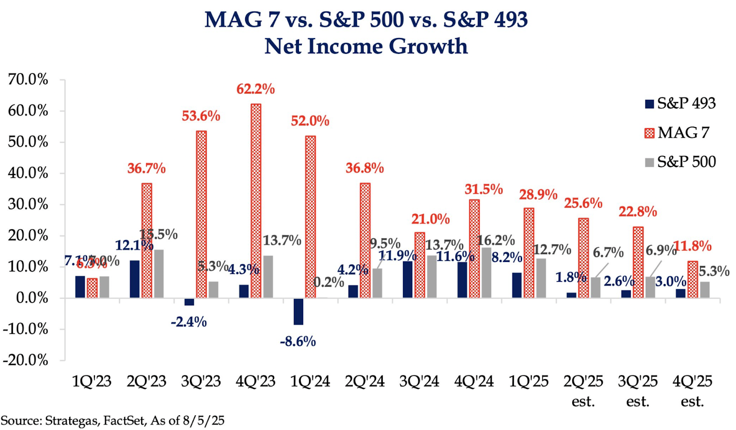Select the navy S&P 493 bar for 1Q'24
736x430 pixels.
[299, 311]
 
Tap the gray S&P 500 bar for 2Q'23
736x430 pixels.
[159, 273]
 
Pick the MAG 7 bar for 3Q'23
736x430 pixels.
[201, 214]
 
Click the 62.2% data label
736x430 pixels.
[255, 89]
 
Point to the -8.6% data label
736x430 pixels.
[298, 342]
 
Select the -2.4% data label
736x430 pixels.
[189, 322]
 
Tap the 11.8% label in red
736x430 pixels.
[692, 246]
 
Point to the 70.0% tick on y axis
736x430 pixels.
[28, 80]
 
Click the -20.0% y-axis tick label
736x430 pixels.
[26, 360]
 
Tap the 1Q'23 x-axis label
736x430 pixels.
[92, 381]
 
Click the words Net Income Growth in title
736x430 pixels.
[366, 46]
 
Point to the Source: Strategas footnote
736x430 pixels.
[112, 420]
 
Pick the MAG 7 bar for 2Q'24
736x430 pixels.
[365, 240]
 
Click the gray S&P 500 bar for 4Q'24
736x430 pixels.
[486, 273]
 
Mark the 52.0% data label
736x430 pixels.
[310, 121]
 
